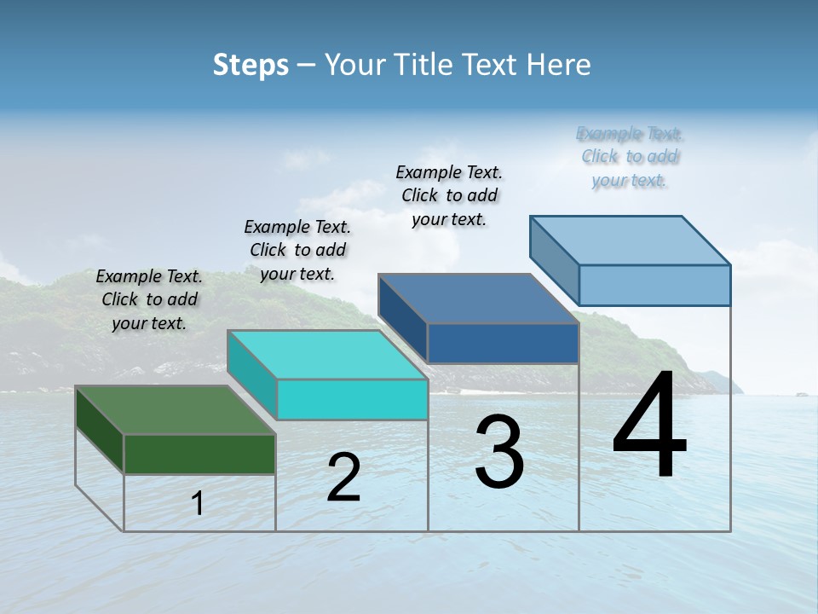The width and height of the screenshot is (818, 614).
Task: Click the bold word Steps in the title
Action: [251, 65]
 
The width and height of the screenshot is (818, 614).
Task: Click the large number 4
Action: [649, 426]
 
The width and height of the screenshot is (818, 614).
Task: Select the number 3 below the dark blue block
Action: [499, 452]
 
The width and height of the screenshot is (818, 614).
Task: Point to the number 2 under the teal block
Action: [344, 478]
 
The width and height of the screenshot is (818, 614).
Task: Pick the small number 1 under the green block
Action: [198, 503]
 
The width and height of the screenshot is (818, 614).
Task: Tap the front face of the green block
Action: [199, 454]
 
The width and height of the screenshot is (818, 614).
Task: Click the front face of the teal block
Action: [352, 399]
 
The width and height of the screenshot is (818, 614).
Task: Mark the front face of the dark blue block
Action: [503, 343]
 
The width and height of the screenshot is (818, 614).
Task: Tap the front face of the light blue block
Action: [654, 285]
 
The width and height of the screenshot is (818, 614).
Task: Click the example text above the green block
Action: [149, 299]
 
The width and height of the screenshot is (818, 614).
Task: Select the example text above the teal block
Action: [297, 250]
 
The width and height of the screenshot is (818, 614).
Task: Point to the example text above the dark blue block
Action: [449, 195]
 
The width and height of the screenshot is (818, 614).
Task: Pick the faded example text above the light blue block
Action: [630, 156]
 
